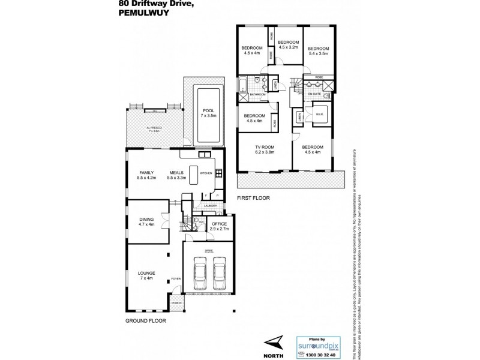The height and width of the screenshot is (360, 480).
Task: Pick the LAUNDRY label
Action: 210,206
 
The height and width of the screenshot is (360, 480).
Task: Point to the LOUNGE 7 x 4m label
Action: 146,275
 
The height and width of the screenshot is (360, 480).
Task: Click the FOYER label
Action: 176,278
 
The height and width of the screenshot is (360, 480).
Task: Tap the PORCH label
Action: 176,303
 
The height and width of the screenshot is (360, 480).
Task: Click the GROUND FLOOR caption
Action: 145,321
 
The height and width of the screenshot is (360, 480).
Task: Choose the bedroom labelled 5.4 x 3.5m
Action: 318,51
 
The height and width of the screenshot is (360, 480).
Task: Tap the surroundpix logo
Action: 317,344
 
